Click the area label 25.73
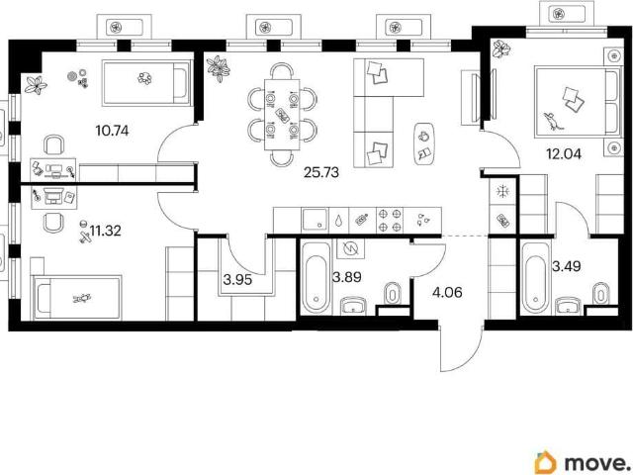point(321,172)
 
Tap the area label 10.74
point(112,131)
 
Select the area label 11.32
point(106,231)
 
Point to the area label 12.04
point(564,153)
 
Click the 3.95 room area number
point(237,279)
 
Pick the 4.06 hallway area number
point(447,292)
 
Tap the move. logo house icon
point(545,462)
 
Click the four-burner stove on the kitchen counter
point(390,220)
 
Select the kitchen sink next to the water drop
point(315,220)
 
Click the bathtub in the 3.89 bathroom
point(316,278)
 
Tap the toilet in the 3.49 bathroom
point(601,293)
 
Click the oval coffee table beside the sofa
point(424,143)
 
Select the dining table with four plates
point(282,115)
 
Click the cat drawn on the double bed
point(551,121)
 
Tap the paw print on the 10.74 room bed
point(144,77)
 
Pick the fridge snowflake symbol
point(503,191)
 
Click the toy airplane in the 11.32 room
point(86,237)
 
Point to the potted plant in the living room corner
point(218,68)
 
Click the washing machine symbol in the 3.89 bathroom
point(350,248)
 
